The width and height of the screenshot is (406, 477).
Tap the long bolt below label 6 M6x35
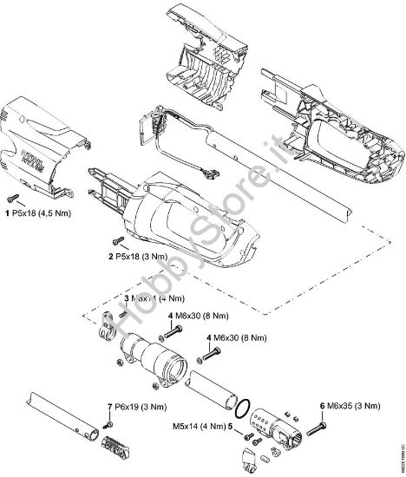314,428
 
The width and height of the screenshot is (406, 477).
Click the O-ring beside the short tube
246,404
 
